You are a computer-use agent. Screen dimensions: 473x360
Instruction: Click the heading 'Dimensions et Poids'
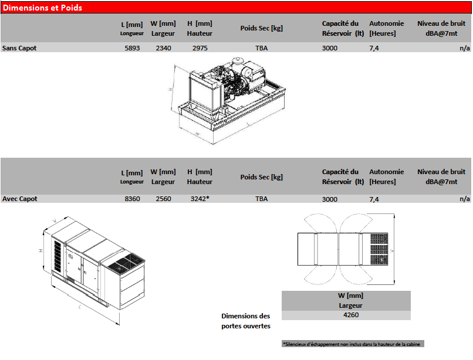click(42, 8)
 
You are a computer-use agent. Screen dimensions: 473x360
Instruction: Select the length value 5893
click(133, 48)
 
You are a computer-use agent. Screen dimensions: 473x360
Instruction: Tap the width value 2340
click(164, 48)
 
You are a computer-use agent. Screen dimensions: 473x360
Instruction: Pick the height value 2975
click(200, 48)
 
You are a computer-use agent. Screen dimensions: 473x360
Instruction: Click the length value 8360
click(133, 199)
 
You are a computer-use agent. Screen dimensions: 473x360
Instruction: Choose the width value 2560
click(164, 199)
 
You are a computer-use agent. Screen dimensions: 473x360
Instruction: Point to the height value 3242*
click(200, 199)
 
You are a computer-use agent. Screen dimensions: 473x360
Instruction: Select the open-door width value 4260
click(351, 315)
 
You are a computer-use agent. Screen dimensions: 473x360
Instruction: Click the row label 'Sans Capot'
click(19, 48)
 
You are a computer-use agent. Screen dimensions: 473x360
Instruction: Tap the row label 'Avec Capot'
click(19, 199)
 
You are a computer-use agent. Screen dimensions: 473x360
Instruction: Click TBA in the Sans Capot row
click(262, 48)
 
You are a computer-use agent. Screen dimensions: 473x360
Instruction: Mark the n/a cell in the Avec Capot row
click(465, 199)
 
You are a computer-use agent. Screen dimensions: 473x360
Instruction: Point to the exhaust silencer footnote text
click(352, 344)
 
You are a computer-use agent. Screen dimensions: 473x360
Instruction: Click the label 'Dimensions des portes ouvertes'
click(246, 321)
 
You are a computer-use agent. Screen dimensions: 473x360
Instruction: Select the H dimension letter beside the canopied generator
click(40, 250)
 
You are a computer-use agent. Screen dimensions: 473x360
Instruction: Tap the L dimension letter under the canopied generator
click(80, 307)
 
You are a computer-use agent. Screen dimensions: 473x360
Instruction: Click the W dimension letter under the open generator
click(197, 134)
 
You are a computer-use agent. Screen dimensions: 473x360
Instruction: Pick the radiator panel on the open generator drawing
click(200, 92)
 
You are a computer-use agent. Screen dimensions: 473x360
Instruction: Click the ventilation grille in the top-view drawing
click(379, 249)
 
